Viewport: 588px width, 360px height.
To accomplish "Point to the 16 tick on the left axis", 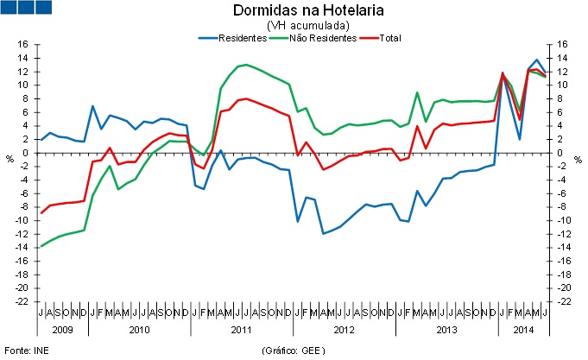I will (23, 45).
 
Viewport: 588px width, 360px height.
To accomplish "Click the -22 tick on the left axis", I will (22, 302).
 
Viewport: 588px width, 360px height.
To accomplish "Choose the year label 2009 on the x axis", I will (61, 330).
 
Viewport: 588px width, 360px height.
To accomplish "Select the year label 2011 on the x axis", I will (241, 330).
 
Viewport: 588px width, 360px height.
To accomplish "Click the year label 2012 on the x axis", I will (343, 330).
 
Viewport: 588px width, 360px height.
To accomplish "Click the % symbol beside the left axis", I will (9, 158).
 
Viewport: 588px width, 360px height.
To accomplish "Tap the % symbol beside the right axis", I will (579, 158).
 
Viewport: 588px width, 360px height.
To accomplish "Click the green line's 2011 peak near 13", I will (247, 65).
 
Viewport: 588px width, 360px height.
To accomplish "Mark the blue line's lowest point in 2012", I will (323, 233).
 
